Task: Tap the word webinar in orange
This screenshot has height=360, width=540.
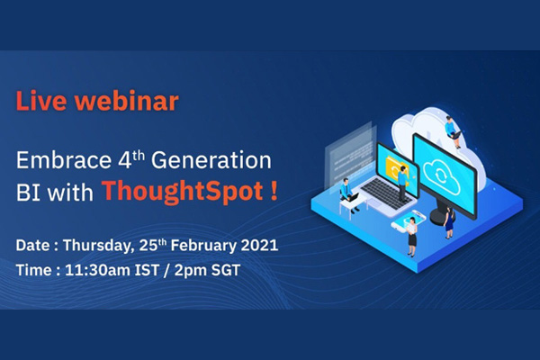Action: (126, 101)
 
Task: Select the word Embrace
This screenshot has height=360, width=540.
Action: (64, 160)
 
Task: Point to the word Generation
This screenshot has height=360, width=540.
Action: (211, 160)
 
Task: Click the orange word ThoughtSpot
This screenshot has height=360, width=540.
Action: (183, 191)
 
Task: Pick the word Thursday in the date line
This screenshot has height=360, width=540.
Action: (99, 246)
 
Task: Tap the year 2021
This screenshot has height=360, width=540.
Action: (259, 246)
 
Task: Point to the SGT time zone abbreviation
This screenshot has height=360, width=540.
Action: (226, 270)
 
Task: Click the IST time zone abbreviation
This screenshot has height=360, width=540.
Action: (147, 270)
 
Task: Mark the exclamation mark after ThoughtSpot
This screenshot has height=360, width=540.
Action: (274, 191)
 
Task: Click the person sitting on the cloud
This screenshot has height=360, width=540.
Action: (453, 132)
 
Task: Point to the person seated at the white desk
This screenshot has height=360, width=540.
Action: (348, 194)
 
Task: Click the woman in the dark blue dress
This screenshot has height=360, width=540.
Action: (449, 222)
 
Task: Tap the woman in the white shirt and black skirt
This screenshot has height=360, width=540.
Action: (411, 237)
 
